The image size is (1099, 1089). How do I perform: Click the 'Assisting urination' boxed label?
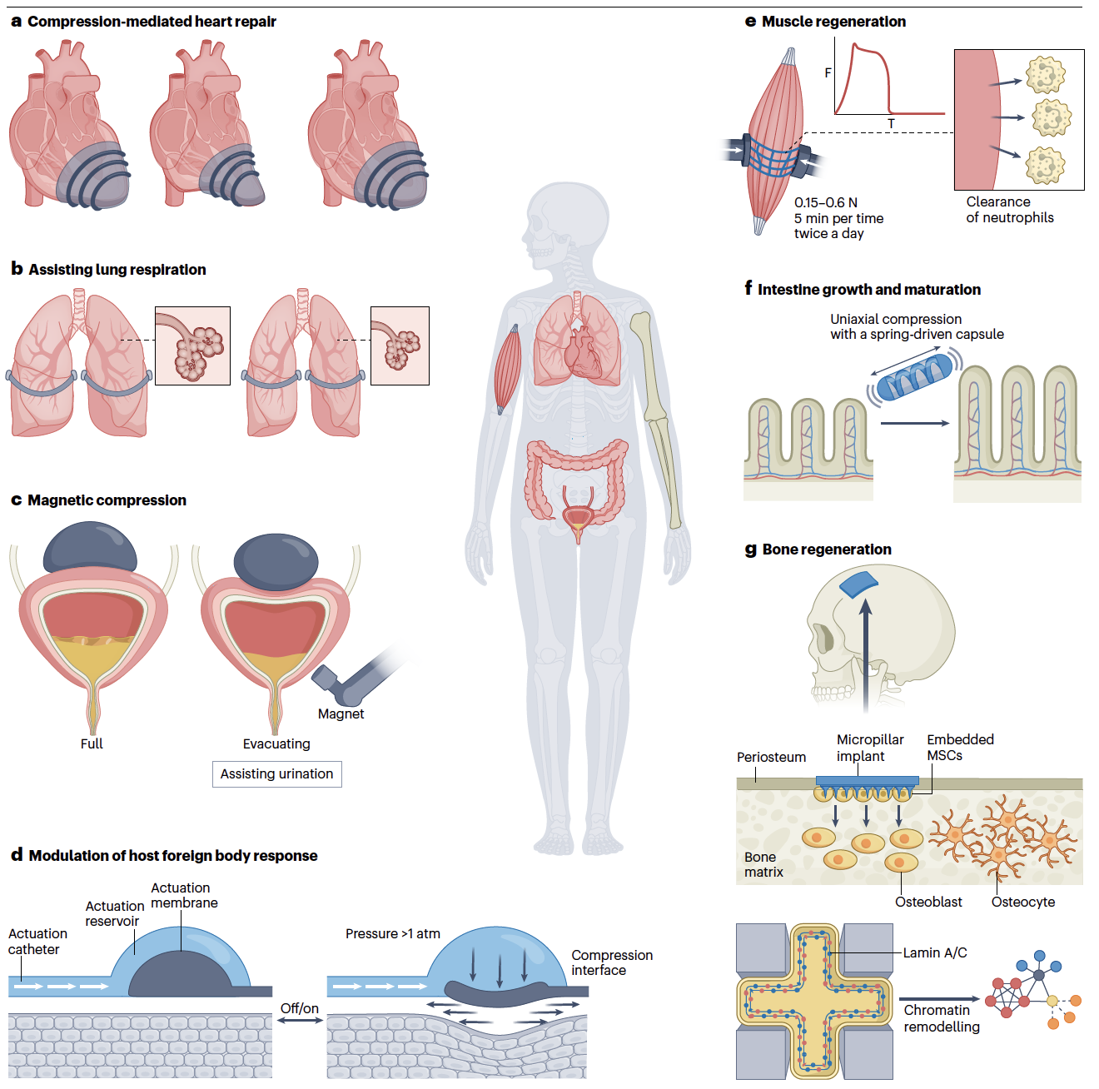click(x=276, y=774)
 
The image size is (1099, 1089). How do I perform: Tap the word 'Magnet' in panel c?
click(x=341, y=714)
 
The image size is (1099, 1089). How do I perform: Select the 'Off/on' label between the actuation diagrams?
click(x=299, y=1008)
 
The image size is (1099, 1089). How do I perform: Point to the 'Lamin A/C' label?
click(x=935, y=952)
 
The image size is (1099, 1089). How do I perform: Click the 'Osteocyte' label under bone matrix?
click(x=1022, y=902)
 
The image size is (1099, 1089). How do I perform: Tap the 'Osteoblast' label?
click(x=928, y=902)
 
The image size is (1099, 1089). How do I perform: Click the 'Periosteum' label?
click(x=771, y=757)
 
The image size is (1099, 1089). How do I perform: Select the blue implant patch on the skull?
click(x=858, y=584)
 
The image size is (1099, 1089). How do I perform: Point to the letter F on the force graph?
click(x=828, y=73)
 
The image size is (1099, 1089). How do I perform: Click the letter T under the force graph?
click(x=891, y=124)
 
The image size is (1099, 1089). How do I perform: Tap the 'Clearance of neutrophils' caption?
click(x=1009, y=210)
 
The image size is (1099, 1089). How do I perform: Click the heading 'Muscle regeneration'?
click(x=833, y=22)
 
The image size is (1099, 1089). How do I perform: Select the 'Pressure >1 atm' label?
click(x=393, y=933)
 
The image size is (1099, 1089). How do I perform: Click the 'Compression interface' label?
click(x=611, y=962)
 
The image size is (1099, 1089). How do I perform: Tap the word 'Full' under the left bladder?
click(x=92, y=743)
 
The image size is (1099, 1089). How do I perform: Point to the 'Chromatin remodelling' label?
click(x=941, y=1018)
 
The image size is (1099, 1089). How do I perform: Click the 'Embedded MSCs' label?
click(x=959, y=747)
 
